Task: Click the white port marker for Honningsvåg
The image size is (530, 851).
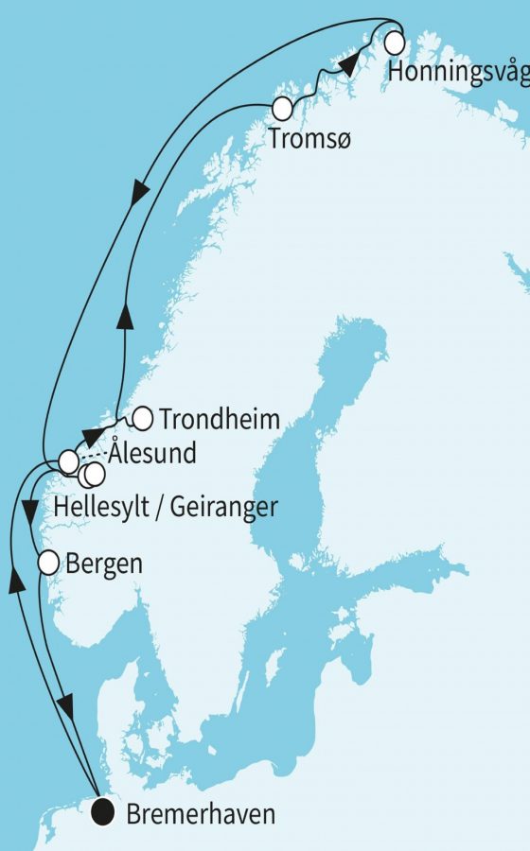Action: (x=395, y=43)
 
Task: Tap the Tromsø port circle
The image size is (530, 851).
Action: (x=282, y=108)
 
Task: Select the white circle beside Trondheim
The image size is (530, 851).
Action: (x=143, y=417)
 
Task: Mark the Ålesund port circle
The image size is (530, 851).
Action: (x=68, y=461)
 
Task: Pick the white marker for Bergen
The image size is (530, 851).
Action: (x=48, y=564)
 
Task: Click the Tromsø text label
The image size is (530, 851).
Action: (x=307, y=139)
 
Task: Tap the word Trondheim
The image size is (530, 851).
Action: (x=221, y=419)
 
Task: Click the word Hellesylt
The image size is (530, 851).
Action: (x=105, y=508)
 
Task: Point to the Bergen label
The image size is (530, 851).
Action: (x=104, y=565)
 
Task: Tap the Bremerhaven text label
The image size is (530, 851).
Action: (x=202, y=813)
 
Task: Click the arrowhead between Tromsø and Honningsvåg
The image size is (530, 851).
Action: (x=348, y=65)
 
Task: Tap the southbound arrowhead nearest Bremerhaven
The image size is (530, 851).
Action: (x=64, y=707)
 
